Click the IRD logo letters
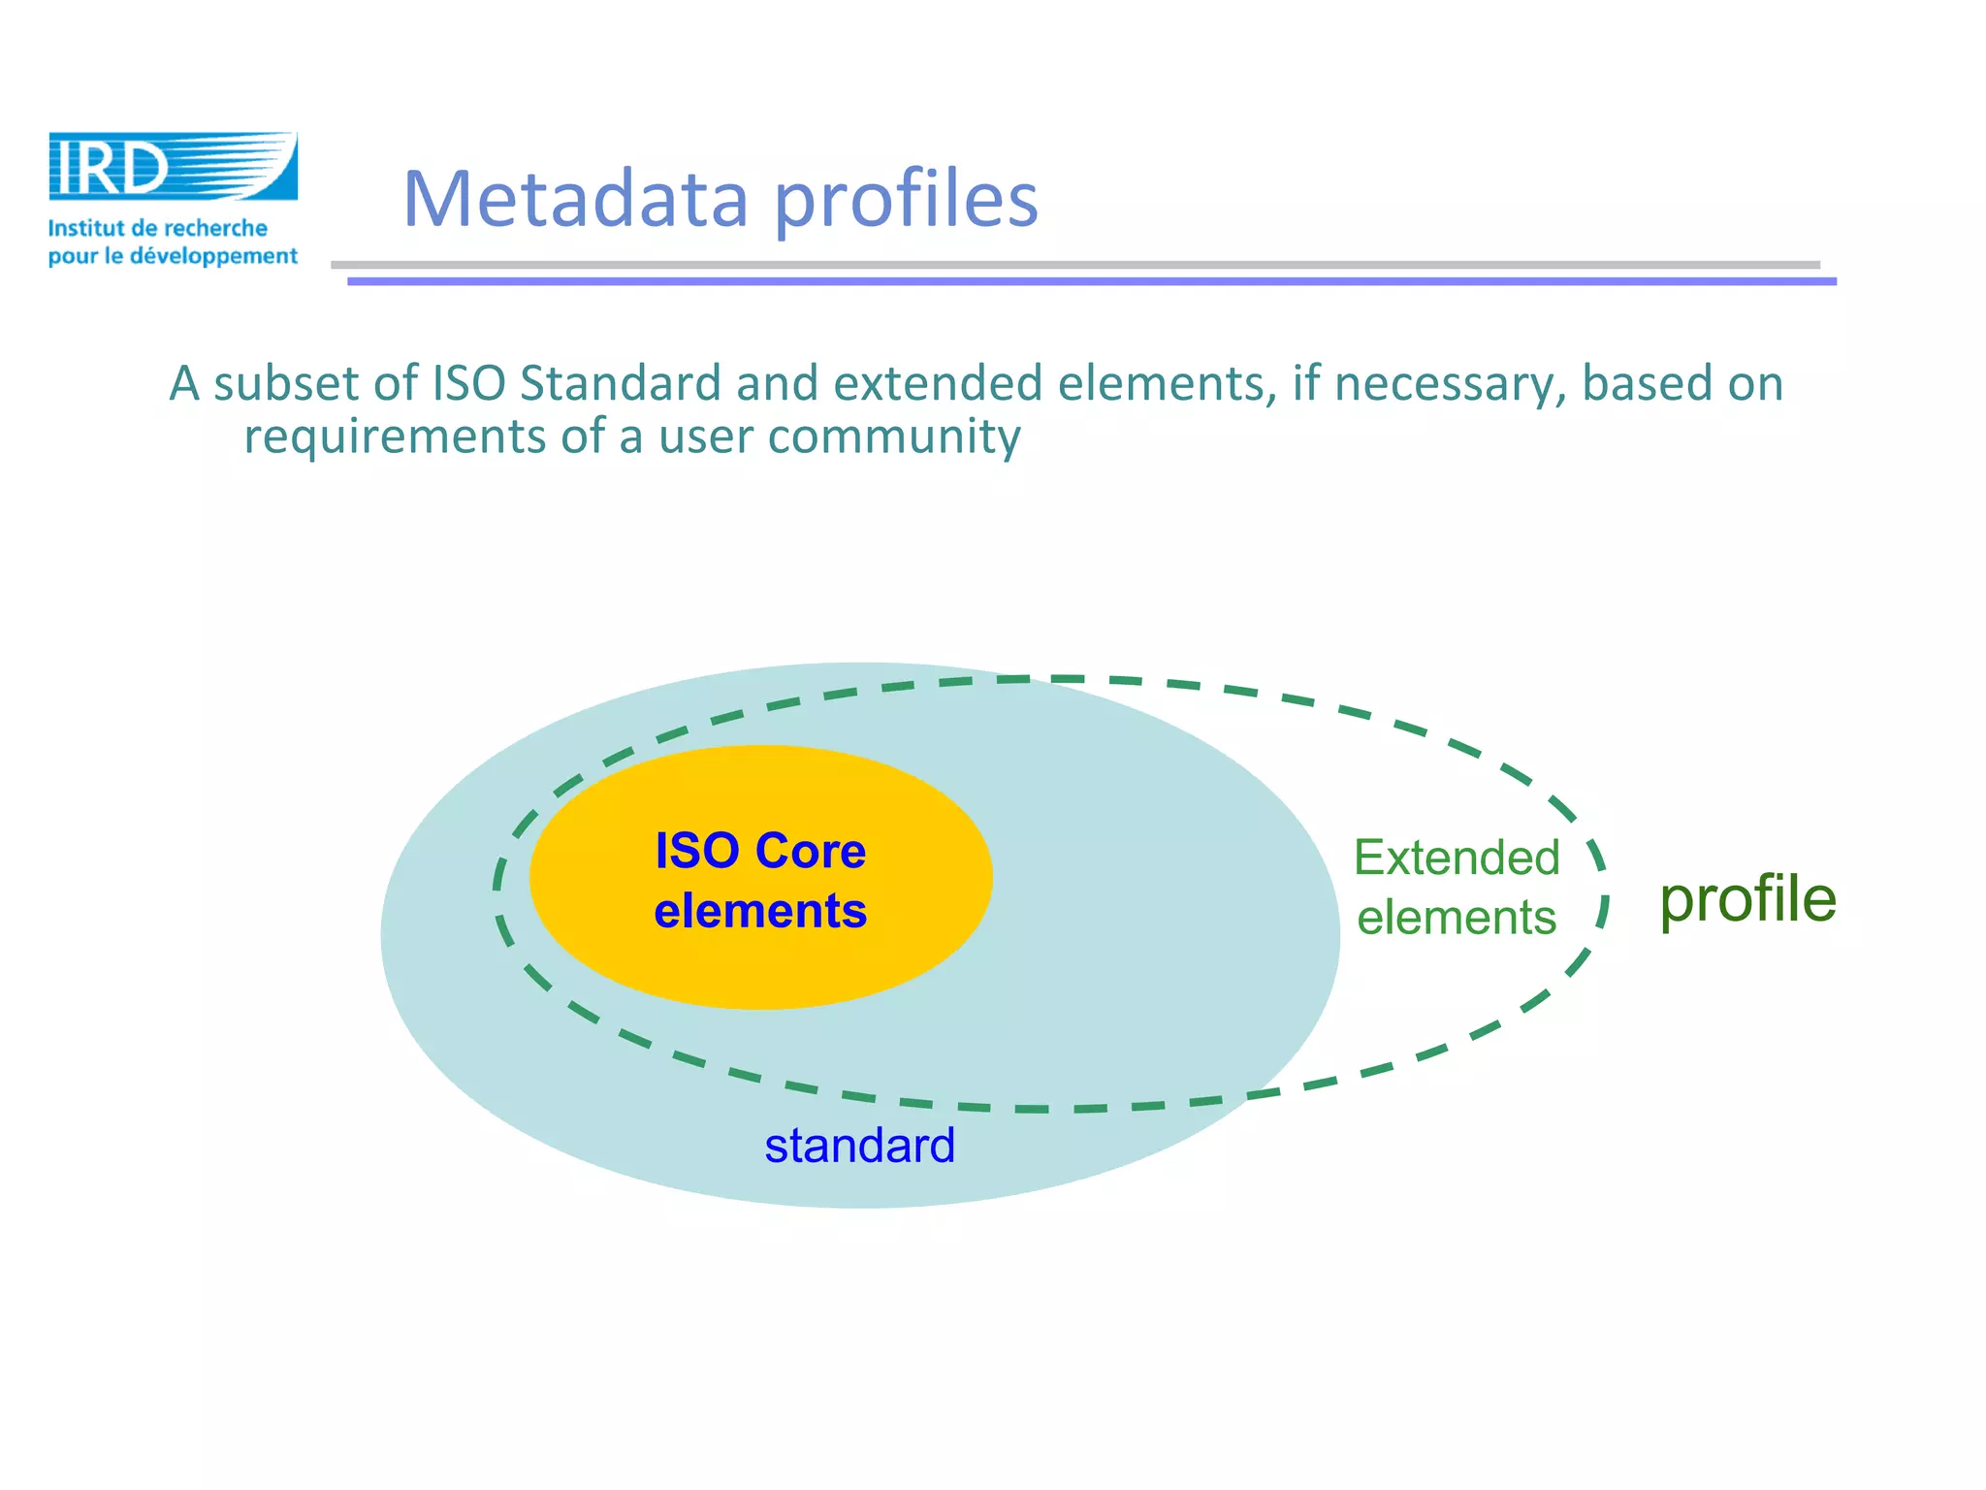click(x=109, y=167)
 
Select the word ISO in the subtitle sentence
click(x=468, y=383)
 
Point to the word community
click(x=894, y=437)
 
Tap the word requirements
click(x=395, y=437)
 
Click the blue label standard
click(x=859, y=1146)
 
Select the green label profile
click(x=1747, y=899)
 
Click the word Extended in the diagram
click(x=1457, y=858)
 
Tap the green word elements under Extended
click(x=1457, y=917)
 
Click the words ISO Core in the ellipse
click(x=760, y=851)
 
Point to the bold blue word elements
click(x=760, y=911)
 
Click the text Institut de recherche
click(x=157, y=229)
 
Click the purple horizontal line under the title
click(x=1091, y=281)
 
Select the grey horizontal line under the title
click(x=1074, y=264)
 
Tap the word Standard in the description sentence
click(x=621, y=383)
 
